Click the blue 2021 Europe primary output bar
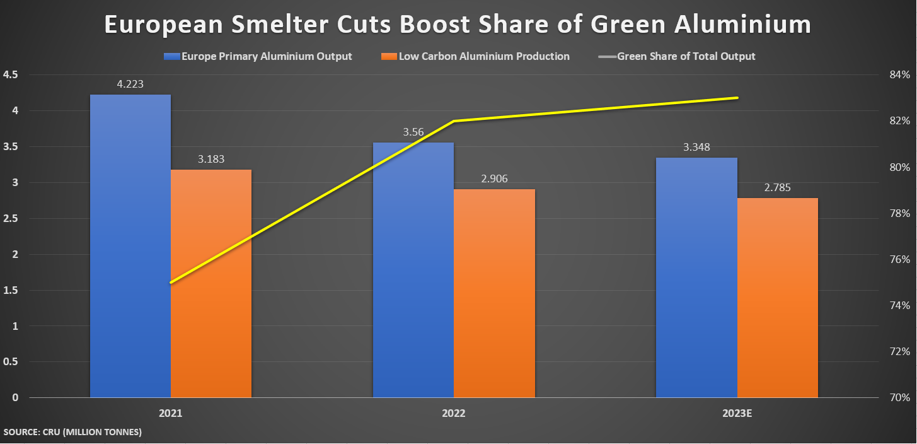point(130,246)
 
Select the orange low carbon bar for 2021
point(211,284)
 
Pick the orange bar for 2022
point(494,293)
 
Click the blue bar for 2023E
point(696,277)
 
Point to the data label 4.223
point(130,84)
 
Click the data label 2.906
point(494,178)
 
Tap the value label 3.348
point(696,147)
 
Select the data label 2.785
point(777,187)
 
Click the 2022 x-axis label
point(453,414)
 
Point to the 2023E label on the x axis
point(737,414)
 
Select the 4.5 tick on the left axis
point(11,75)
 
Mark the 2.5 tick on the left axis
point(11,219)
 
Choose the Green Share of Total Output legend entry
point(686,56)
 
